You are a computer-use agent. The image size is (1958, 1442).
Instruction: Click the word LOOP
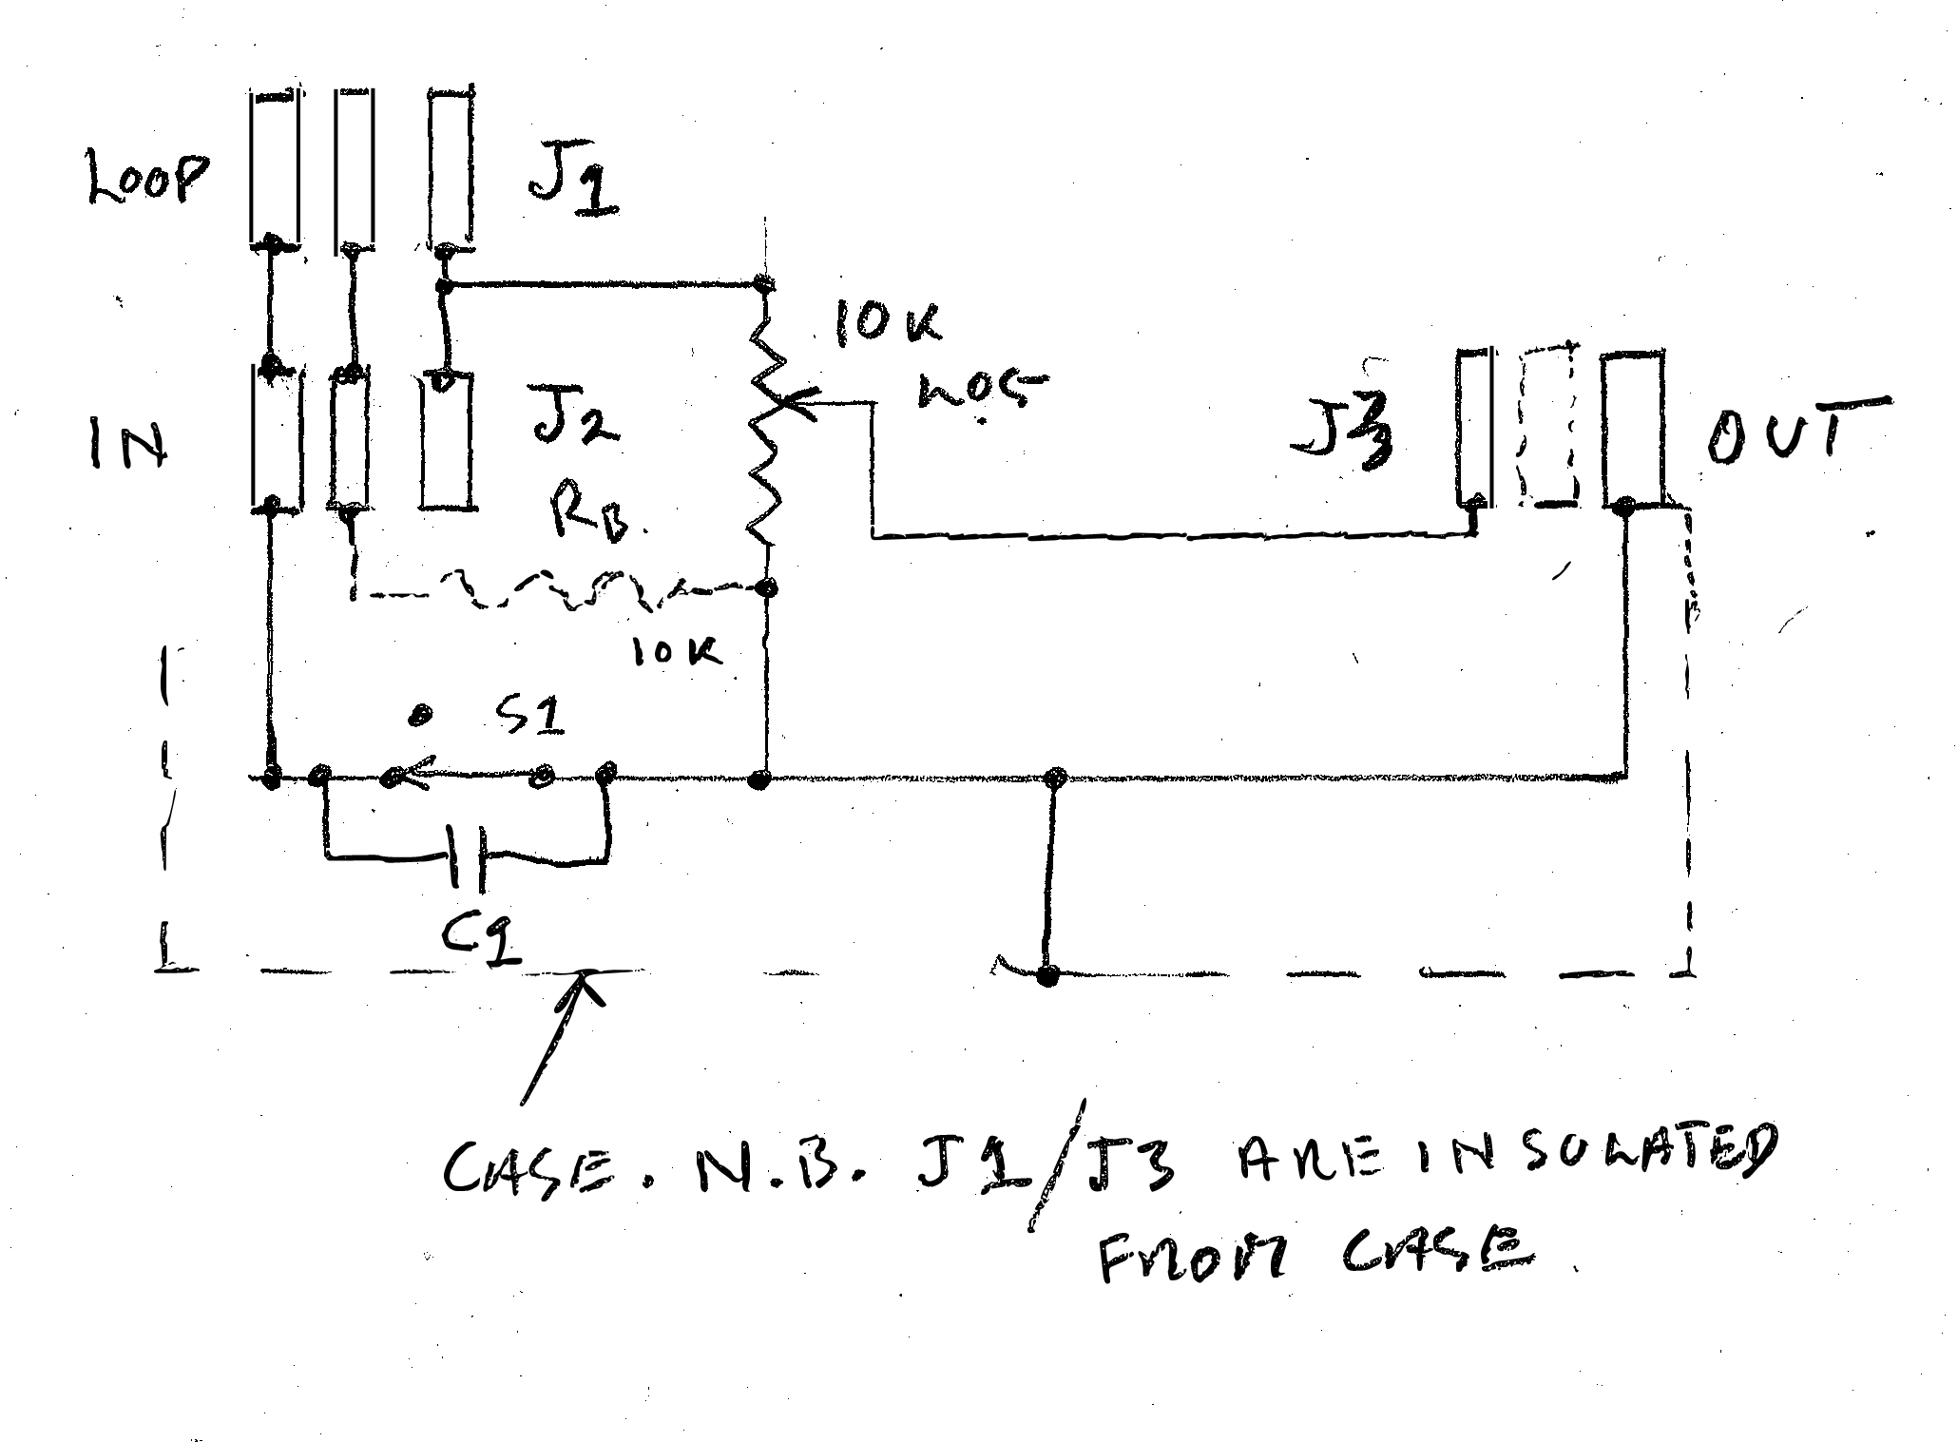coord(146,178)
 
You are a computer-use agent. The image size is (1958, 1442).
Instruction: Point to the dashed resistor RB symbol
coord(561,589)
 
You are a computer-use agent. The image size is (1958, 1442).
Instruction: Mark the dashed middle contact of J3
coord(1547,428)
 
